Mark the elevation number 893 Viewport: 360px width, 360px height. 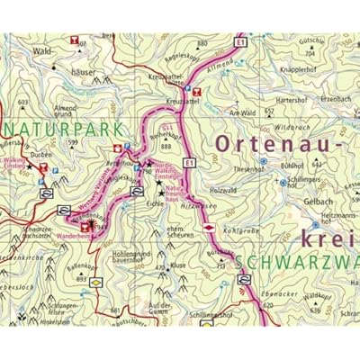(x=81, y=279)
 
